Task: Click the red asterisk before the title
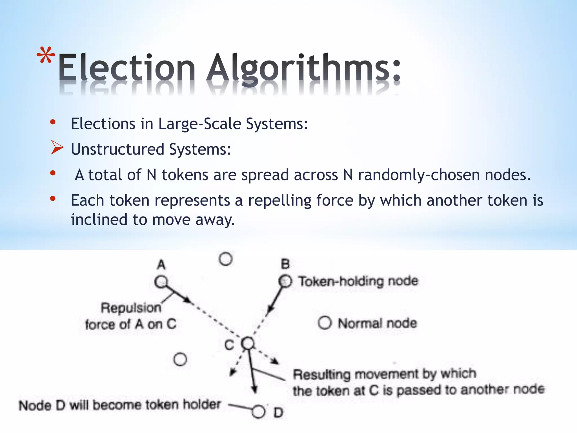pos(46,55)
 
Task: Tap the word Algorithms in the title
pos(303,68)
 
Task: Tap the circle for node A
pos(161,282)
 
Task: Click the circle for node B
pos(285,281)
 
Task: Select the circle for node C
pos(248,343)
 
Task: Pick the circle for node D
pos(258,412)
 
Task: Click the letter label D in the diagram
pos(278,413)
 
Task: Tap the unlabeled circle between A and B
pos(226,259)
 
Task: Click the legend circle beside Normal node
pos(325,323)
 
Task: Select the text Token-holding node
pos(358,281)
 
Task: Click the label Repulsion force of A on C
pos(131,316)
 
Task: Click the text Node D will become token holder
pos(119,405)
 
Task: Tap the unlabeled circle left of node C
pos(180,359)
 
